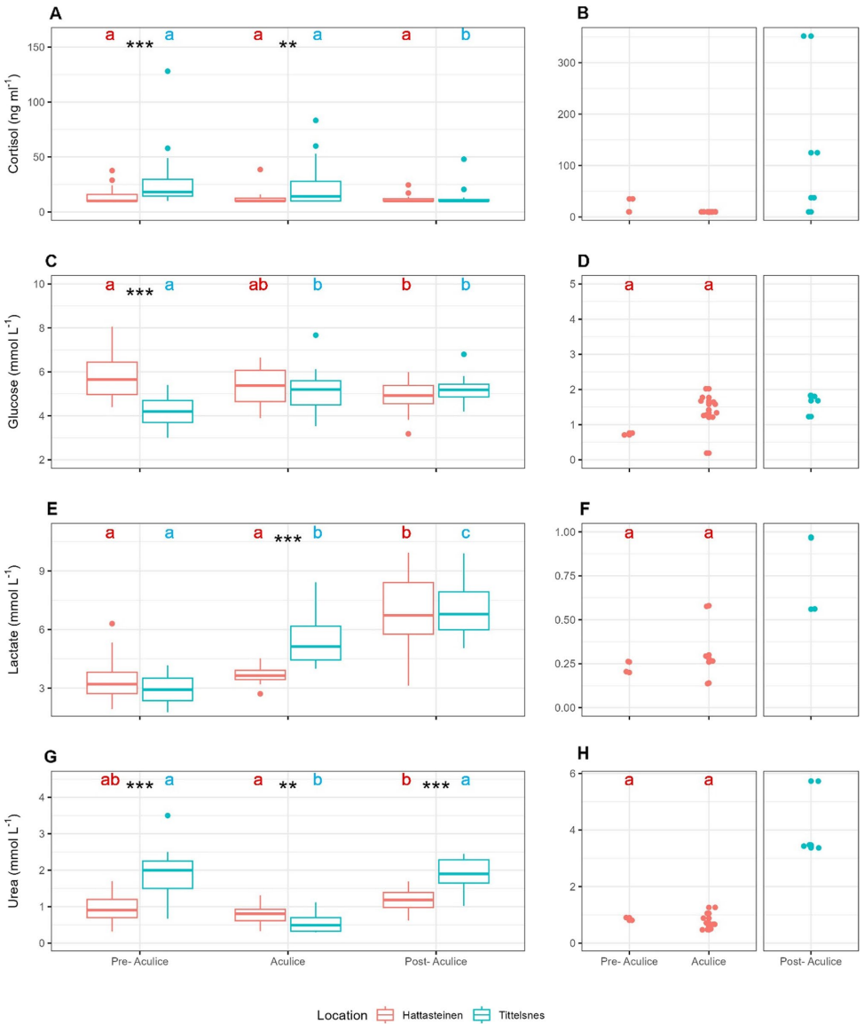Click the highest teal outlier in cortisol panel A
click(x=168, y=71)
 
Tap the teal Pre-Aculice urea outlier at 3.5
click(x=168, y=815)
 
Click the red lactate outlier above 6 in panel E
click(x=111, y=624)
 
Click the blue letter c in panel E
click(x=465, y=533)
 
